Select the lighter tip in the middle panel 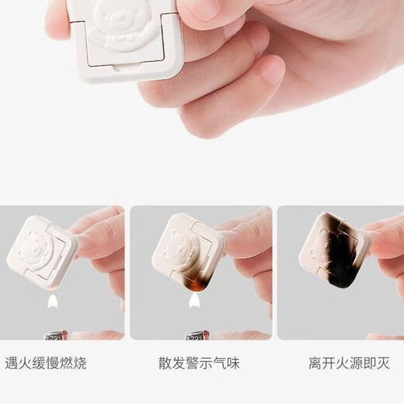[195, 336]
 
